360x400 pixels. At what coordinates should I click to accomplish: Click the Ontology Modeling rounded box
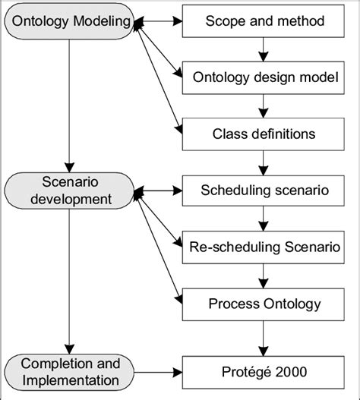click(68, 20)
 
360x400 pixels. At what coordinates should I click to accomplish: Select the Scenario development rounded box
click(68, 191)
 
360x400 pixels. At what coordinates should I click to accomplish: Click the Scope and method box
click(262, 20)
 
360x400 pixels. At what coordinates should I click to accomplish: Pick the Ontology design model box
click(262, 77)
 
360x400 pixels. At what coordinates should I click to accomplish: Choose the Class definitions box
click(262, 134)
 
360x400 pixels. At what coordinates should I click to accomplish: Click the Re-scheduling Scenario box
click(262, 247)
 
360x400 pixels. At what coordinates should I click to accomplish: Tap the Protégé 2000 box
click(262, 371)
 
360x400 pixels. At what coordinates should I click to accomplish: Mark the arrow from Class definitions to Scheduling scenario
click(262, 162)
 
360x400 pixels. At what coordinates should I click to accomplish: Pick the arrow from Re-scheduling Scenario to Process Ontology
click(262, 276)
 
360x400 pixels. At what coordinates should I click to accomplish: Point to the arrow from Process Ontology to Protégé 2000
click(262, 337)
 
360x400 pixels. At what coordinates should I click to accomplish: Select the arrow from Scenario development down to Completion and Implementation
click(69, 281)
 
